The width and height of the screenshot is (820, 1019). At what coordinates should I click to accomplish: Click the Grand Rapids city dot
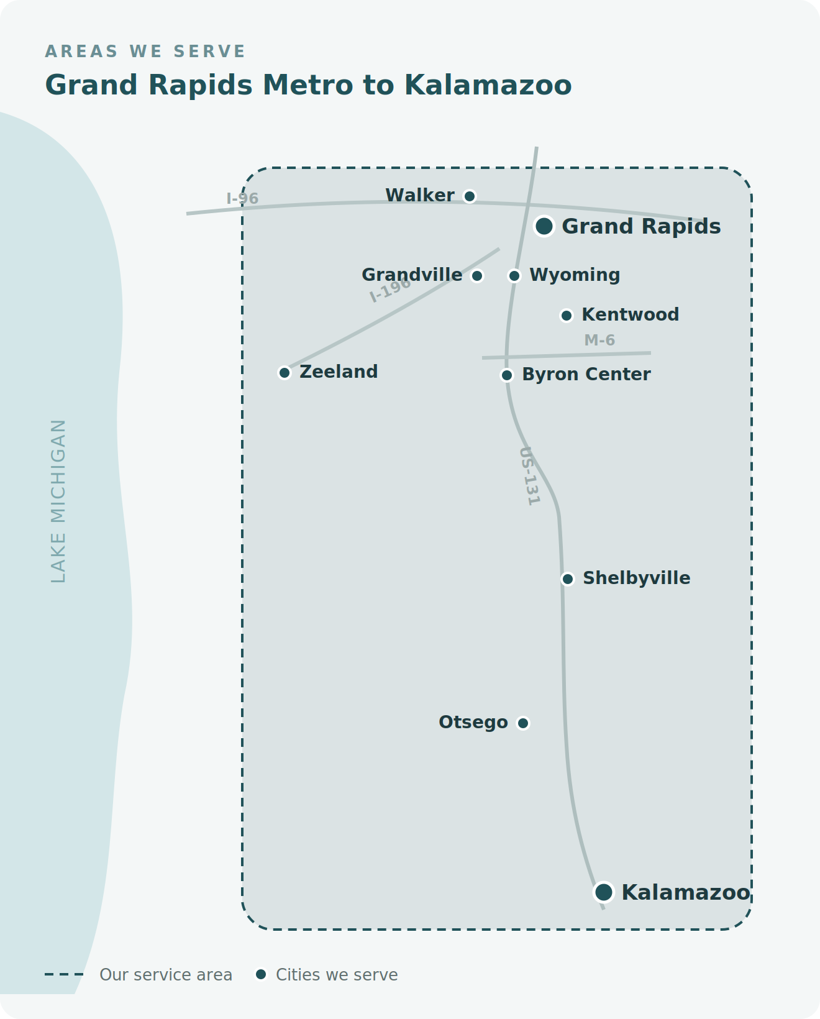click(544, 226)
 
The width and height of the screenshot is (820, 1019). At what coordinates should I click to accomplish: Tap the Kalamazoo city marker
click(604, 892)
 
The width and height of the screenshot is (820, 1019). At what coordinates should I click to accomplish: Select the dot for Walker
click(469, 196)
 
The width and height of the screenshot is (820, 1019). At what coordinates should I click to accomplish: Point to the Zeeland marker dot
click(284, 373)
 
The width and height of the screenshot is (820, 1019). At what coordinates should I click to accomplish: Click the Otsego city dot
click(522, 723)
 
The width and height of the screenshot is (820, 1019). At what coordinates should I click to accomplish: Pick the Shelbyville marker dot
click(567, 578)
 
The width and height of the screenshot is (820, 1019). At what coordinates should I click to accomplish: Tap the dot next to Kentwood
click(567, 316)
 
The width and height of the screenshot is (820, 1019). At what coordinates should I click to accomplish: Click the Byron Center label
click(586, 374)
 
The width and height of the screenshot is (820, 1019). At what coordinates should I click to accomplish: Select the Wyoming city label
click(574, 275)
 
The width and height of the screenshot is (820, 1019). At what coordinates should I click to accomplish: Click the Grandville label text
click(412, 275)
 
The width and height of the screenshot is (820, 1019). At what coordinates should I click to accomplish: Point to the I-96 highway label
click(242, 198)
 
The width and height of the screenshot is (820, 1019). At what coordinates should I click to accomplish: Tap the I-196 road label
click(390, 290)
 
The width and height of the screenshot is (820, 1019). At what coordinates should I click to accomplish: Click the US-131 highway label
click(529, 476)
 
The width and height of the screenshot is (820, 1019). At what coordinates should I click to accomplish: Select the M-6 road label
click(599, 340)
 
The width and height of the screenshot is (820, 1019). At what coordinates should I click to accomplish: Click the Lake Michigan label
click(58, 501)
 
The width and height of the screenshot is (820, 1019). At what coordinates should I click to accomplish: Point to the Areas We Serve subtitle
click(145, 51)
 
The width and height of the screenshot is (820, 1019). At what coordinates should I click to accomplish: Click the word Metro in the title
click(307, 85)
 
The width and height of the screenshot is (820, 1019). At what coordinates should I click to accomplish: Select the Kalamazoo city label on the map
click(686, 893)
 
